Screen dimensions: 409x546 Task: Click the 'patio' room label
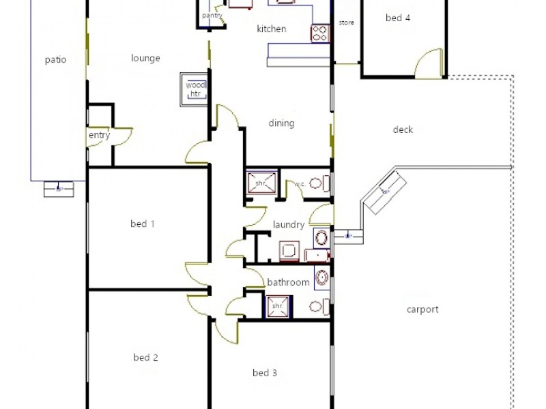pyautogui.click(x=55, y=59)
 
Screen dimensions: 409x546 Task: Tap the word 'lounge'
pyautogui.click(x=145, y=59)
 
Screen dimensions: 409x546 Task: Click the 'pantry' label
pyautogui.click(x=212, y=16)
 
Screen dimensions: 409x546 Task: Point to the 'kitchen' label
pyautogui.click(x=271, y=29)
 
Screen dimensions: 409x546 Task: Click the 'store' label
pyautogui.click(x=347, y=22)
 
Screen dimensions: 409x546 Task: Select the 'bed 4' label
pyautogui.click(x=398, y=18)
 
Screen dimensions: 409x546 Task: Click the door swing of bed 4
pyautogui.click(x=430, y=62)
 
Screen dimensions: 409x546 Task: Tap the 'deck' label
pyautogui.click(x=403, y=130)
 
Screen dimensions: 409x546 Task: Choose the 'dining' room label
pyautogui.click(x=281, y=123)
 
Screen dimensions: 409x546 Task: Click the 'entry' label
pyautogui.click(x=99, y=135)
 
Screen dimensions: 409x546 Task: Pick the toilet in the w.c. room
pyautogui.click(x=319, y=183)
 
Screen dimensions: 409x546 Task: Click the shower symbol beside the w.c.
pyautogui.click(x=261, y=183)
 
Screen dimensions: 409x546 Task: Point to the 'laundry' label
pyautogui.click(x=288, y=224)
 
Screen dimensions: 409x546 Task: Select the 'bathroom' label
pyautogui.click(x=288, y=282)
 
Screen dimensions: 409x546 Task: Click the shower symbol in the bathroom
pyautogui.click(x=277, y=305)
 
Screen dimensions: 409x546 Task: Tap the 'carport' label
pyautogui.click(x=422, y=309)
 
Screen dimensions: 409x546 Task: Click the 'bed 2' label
pyautogui.click(x=146, y=357)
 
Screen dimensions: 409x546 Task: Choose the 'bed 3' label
pyautogui.click(x=265, y=373)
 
